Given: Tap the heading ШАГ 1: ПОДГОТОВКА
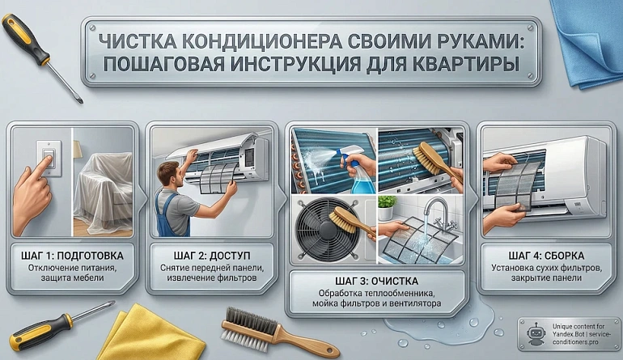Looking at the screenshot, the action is click(x=72, y=256).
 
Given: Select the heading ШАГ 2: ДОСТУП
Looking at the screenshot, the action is click(x=212, y=256).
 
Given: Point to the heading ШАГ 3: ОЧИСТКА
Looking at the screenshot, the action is click(x=377, y=282).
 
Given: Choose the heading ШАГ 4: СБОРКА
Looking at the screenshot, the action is click(x=546, y=256).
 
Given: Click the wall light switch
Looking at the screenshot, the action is click(x=49, y=158).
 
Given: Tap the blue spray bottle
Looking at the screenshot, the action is click(x=357, y=170).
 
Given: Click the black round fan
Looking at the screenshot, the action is click(x=328, y=229).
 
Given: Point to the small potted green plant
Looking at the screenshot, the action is click(x=387, y=207).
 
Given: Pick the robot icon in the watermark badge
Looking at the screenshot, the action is click(x=536, y=334).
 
